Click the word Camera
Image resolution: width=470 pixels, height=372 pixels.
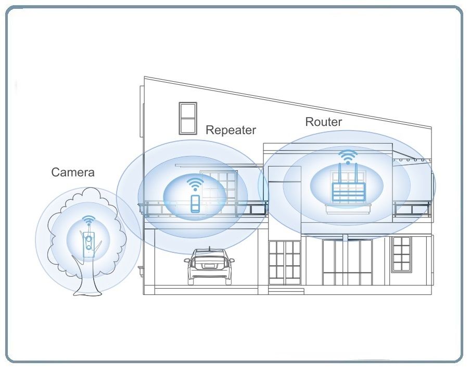click(x=73, y=172)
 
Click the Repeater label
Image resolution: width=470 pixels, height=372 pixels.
click(x=231, y=130)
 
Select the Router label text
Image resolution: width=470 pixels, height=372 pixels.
click(x=323, y=122)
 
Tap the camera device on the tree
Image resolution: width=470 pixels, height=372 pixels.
click(x=89, y=243)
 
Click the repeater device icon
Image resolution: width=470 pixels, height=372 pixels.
click(x=195, y=203)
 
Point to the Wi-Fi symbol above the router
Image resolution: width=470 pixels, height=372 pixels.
click(x=348, y=156)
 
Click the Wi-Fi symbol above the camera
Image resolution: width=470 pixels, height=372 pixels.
click(x=89, y=221)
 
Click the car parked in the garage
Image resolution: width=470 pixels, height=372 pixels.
click(x=209, y=266)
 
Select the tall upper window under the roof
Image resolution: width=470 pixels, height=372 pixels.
click(x=187, y=118)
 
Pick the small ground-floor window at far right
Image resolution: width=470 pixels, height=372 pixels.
click(x=401, y=254)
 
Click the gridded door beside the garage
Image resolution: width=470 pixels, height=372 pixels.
click(x=285, y=263)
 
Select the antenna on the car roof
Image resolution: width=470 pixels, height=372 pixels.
click(x=209, y=248)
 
